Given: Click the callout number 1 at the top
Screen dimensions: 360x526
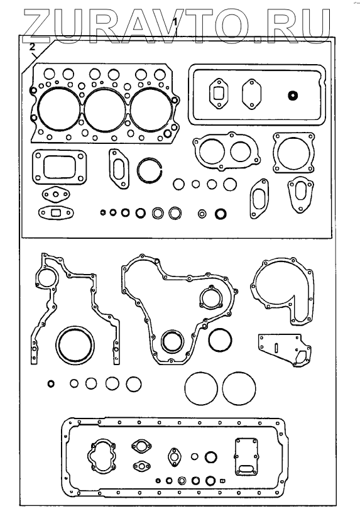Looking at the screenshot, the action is click(x=175, y=23).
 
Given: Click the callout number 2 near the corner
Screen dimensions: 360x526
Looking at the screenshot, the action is click(x=32, y=47).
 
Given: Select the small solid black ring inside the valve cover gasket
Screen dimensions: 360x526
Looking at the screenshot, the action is click(x=293, y=96).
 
